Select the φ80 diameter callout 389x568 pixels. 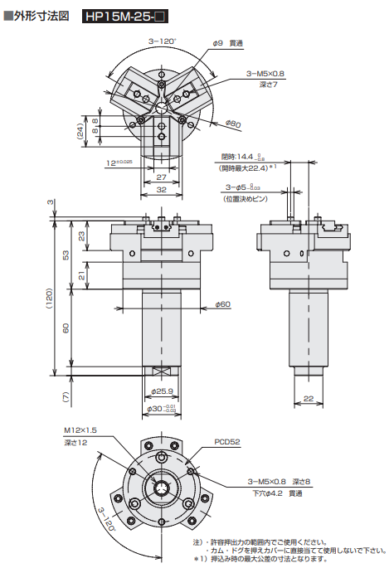click(x=233, y=124)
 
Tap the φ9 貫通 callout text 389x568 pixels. click(x=227, y=42)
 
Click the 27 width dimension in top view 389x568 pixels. click(x=161, y=177)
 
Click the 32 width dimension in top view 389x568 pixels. click(x=161, y=191)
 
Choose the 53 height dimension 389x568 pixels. click(x=66, y=254)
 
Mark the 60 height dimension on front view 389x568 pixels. click(x=66, y=328)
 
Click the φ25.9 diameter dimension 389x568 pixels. click(x=161, y=391)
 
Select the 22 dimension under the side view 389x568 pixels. click(x=308, y=399)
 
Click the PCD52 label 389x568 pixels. click(x=226, y=442)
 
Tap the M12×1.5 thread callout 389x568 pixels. click(x=80, y=431)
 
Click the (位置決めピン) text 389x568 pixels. click(x=246, y=198)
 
